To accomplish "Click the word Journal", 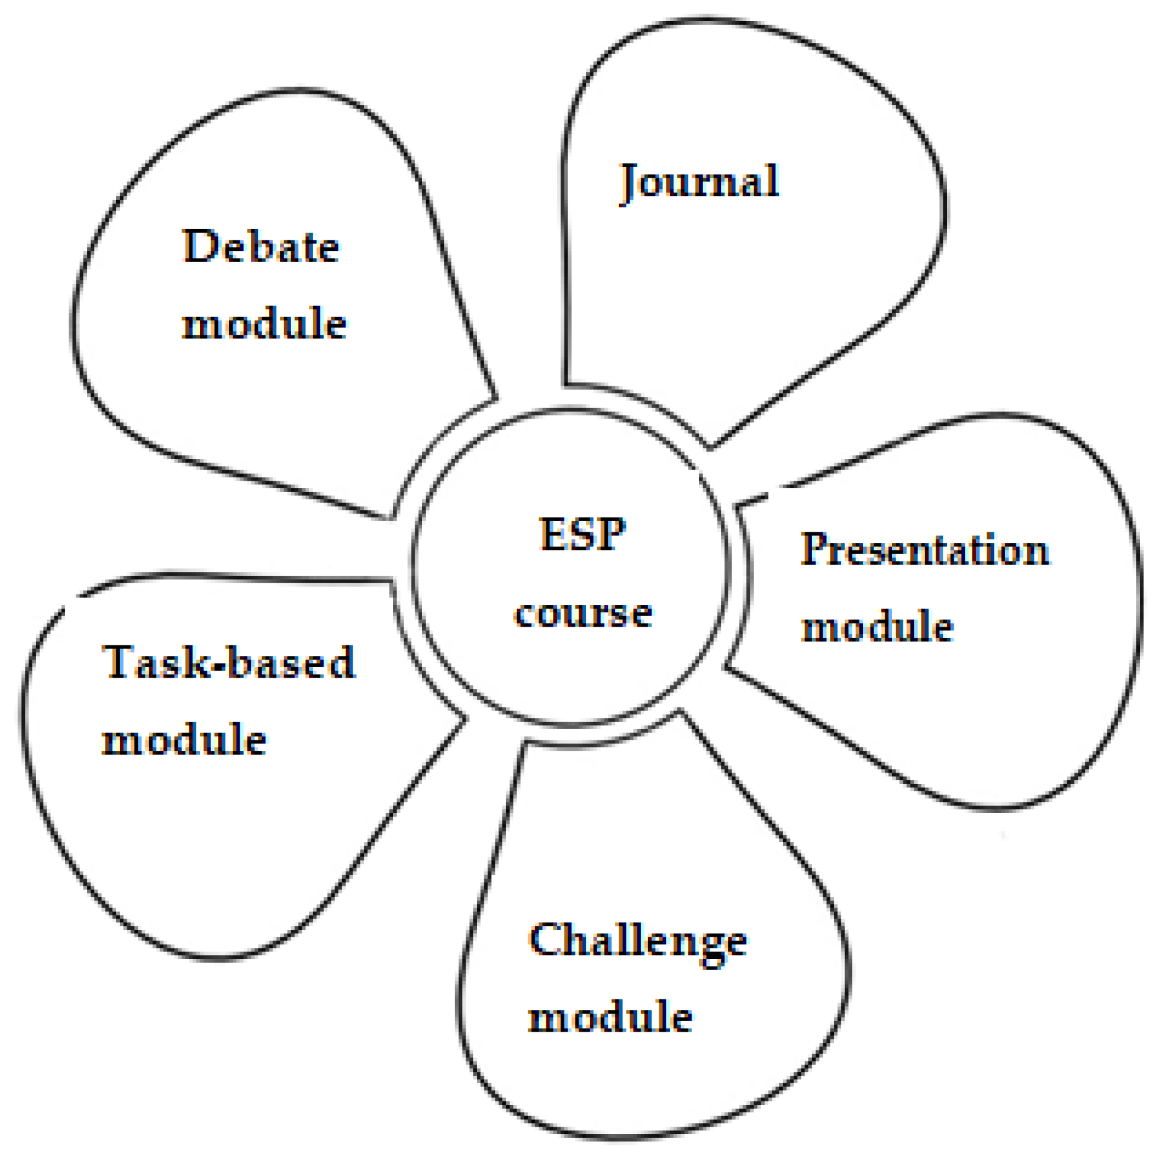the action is point(700,182).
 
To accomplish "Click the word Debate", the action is point(261,247).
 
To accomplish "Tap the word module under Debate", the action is point(264,324).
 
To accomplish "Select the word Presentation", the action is point(924,550).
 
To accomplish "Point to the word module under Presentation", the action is point(877,626).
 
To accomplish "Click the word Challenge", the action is point(638,942).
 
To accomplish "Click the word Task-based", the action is point(229,662).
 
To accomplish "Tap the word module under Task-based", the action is point(184,740).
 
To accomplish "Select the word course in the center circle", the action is point(583,614).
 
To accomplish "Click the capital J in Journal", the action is point(630,183).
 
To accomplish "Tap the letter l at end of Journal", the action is point(772,181).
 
